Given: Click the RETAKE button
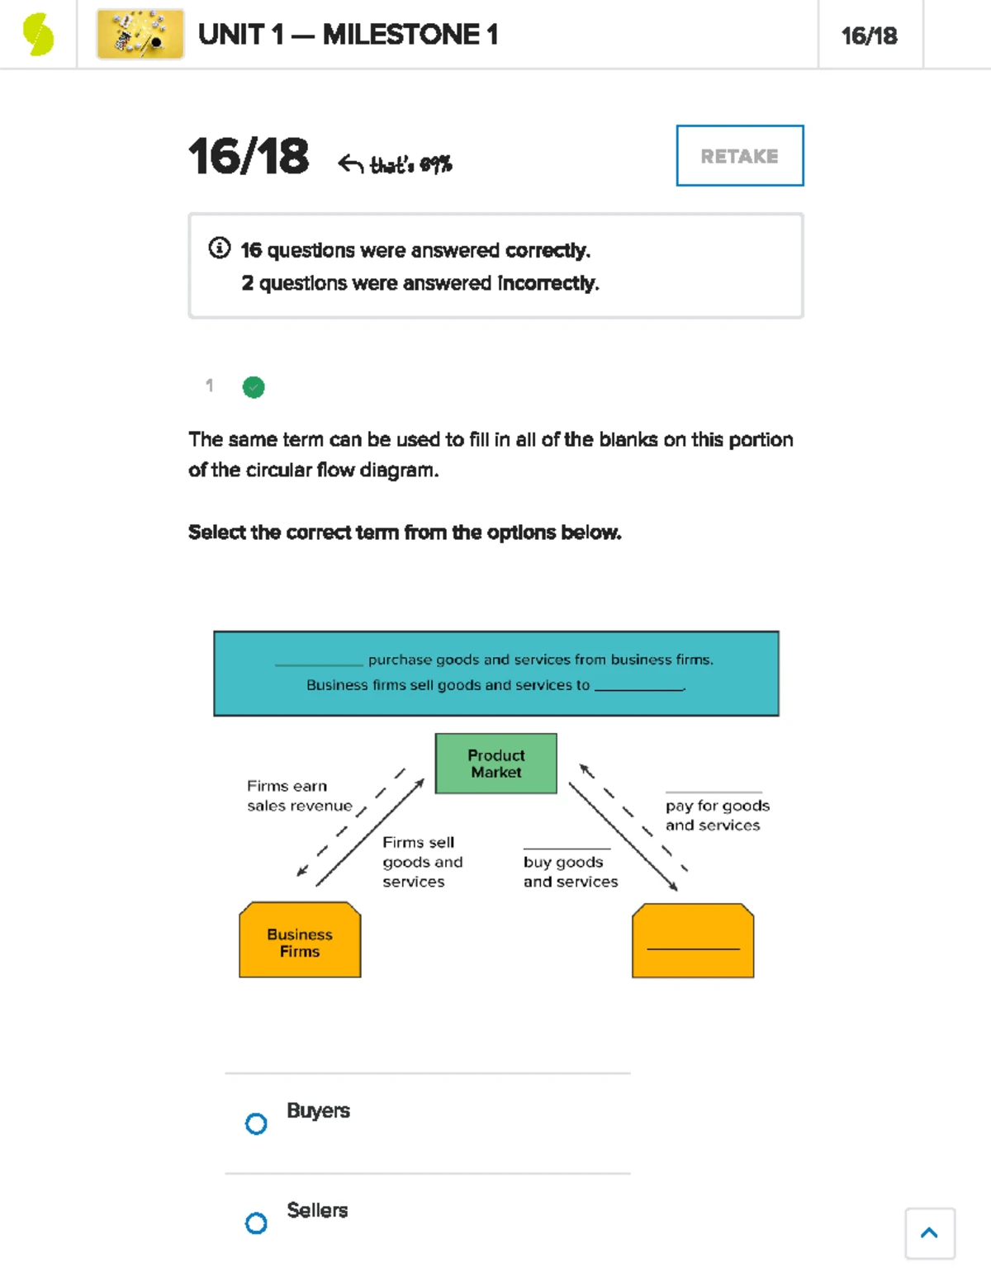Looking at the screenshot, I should point(739,156).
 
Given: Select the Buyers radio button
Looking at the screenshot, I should point(256,1124).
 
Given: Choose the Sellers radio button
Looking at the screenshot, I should point(256,1223).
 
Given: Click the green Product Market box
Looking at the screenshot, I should point(495,764).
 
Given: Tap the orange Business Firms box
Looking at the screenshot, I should point(300,941).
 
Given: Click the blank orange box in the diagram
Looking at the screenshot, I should point(693,941).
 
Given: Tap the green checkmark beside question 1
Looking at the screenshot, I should point(254,387).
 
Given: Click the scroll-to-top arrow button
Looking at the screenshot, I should point(929,1233).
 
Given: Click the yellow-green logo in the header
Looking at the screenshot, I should point(38,35).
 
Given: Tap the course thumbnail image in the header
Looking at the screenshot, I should point(140,35).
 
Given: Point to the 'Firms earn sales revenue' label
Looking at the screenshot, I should point(299,796).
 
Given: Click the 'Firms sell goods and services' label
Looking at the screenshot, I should point(422,862).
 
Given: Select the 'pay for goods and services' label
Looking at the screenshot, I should point(717,815).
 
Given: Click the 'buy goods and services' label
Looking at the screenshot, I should point(570,871).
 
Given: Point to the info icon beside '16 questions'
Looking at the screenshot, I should point(219,248).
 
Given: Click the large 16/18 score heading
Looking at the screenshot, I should point(249,156).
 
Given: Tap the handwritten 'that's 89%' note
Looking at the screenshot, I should point(410,164).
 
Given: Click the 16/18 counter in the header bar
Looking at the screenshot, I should point(869,35).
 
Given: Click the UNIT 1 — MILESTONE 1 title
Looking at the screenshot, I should point(348,35).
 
